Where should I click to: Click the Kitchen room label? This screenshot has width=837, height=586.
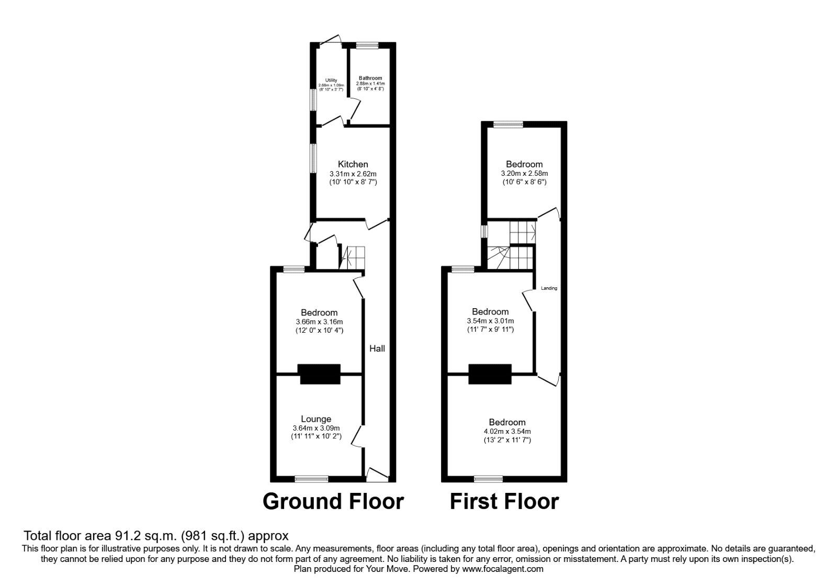coord(353,164)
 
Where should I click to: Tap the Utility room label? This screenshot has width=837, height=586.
coord(331,80)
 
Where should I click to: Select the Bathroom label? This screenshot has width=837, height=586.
coord(370,78)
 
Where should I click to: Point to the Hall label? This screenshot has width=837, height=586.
coord(377,348)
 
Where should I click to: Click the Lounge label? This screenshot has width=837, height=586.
coord(316,419)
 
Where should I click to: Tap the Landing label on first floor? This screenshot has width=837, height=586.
coord(549,288)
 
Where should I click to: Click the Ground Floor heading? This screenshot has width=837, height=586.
coord(333,501)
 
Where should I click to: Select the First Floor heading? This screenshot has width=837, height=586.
coord(504,501)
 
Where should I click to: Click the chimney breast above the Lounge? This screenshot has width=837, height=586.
coord(319,374)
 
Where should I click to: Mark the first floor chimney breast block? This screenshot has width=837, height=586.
coord(490,374)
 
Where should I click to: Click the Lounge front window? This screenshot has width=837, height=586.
coord(311,478)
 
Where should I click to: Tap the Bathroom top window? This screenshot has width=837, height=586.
coord(368,46)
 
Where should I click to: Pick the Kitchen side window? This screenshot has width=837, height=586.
coord(313,158)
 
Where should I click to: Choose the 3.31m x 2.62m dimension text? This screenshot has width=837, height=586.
coord(353,174)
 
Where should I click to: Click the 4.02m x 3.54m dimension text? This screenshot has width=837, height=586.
coord(507,432)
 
